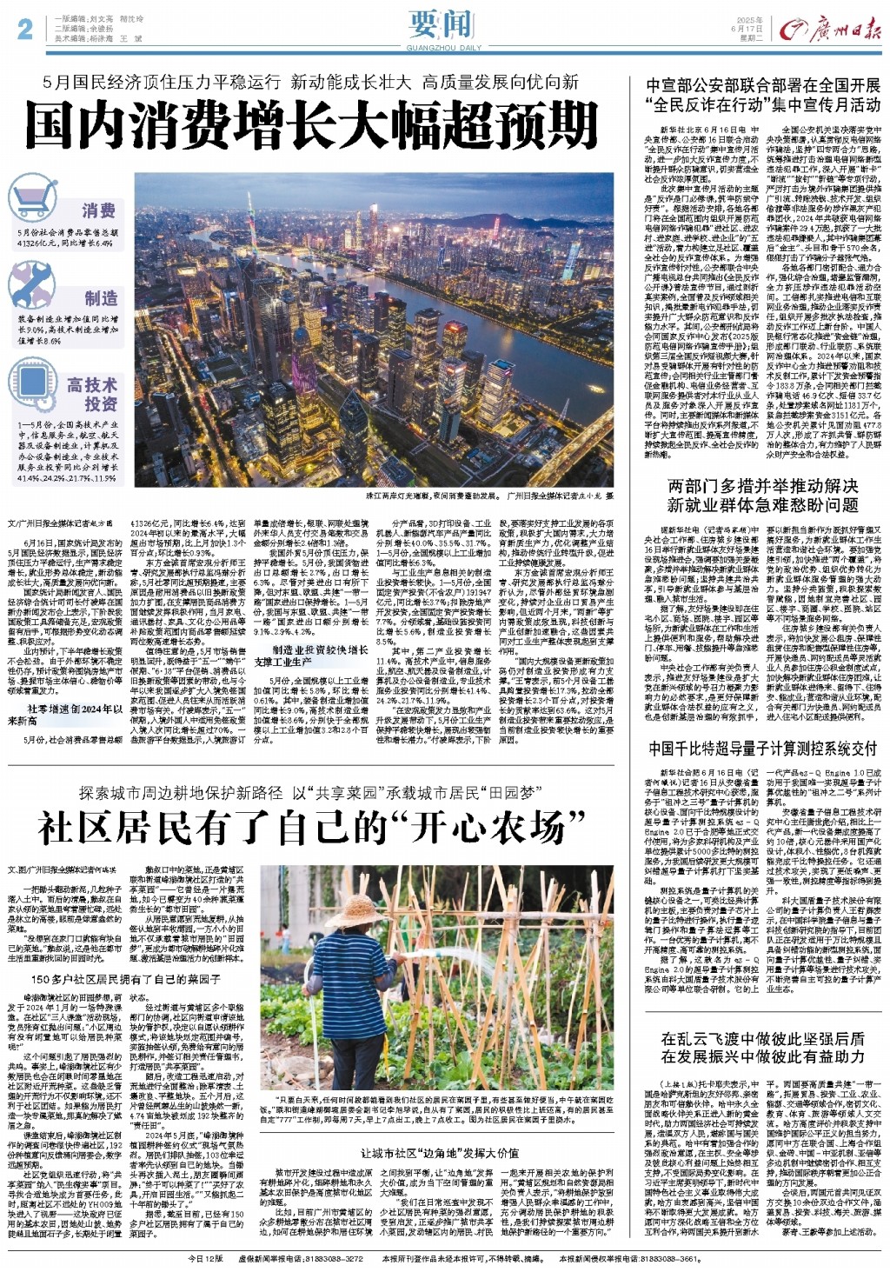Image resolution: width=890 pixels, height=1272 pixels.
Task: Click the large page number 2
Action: coord(24,29)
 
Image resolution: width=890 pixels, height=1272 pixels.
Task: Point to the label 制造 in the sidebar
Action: coord(100,298)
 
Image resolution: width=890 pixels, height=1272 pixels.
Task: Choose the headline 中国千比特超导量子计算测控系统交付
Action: coord(763,748)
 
